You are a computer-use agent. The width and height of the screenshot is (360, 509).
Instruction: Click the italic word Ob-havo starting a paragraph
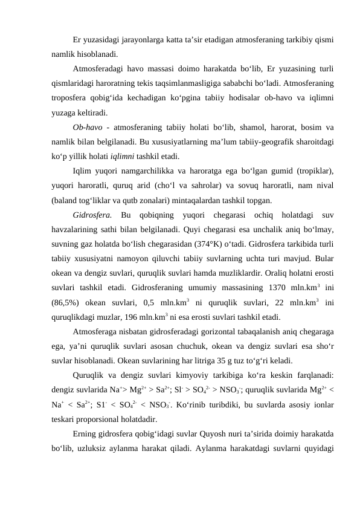click(86, 127)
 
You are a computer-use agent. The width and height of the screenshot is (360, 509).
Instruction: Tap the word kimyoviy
click(181, 375)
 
